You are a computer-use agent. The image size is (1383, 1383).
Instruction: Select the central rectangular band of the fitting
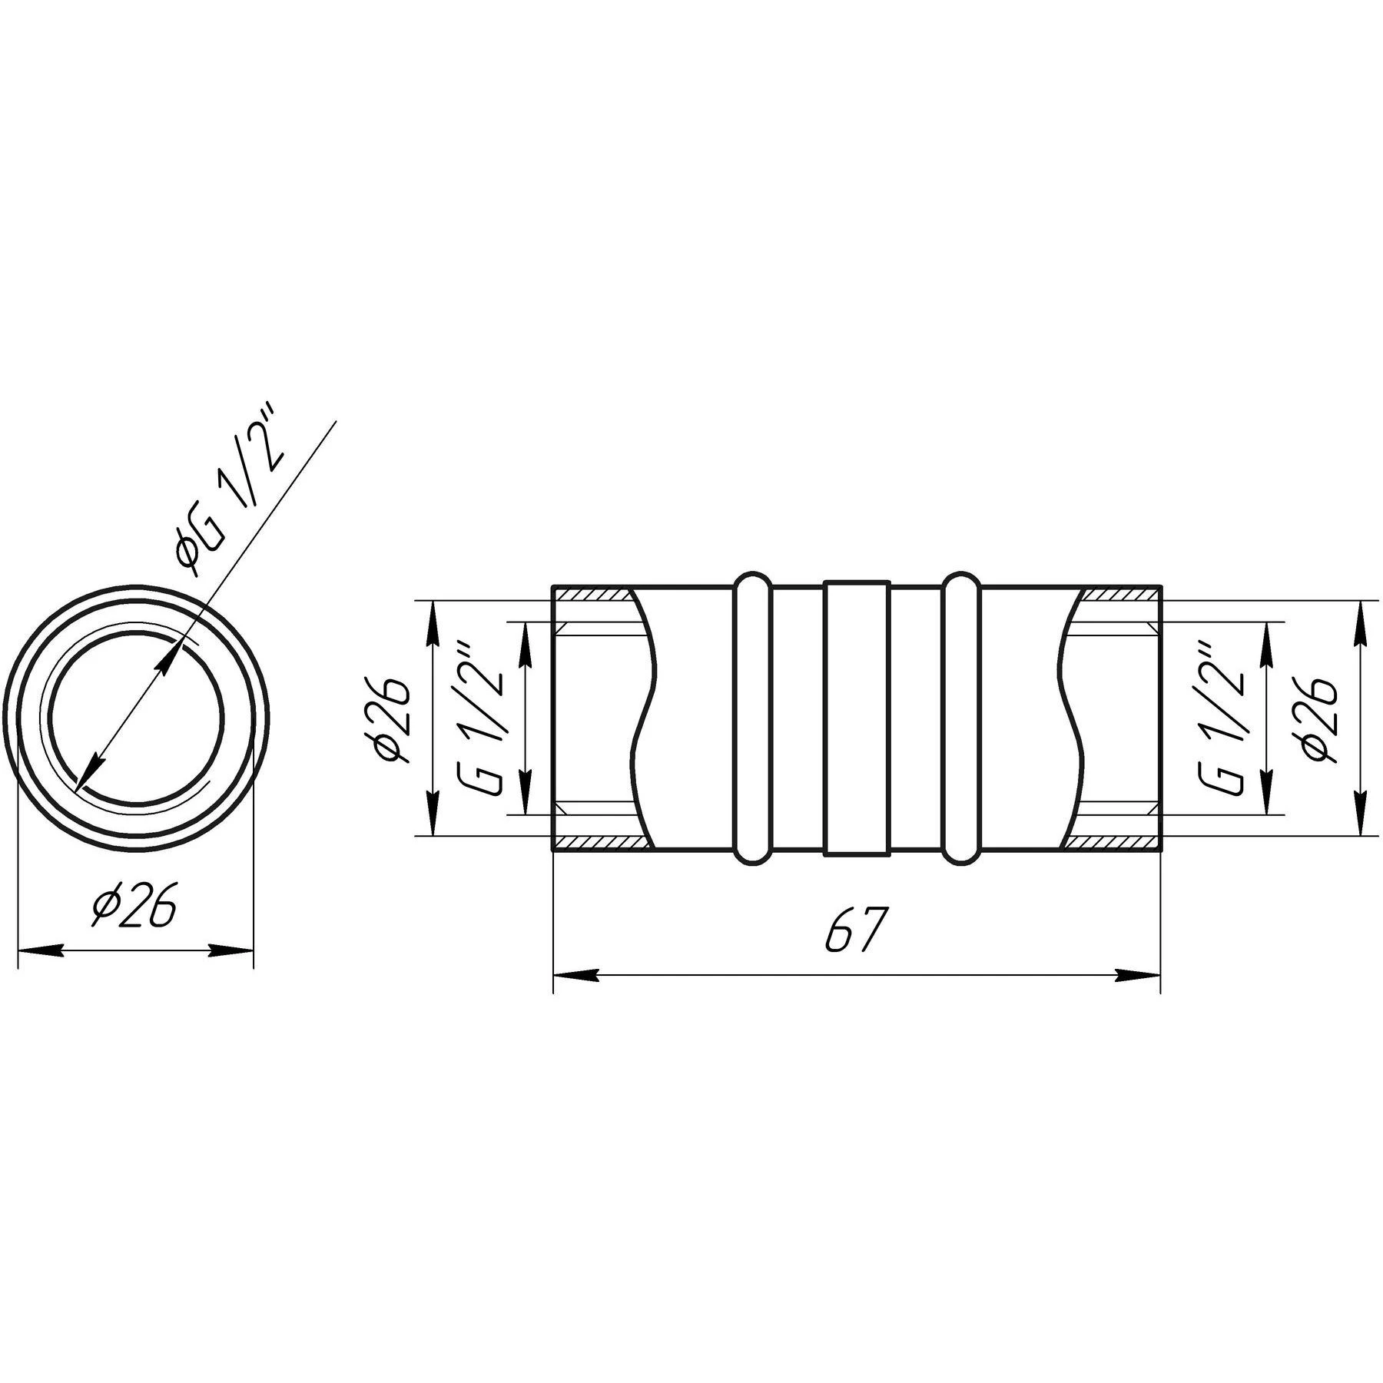857,719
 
